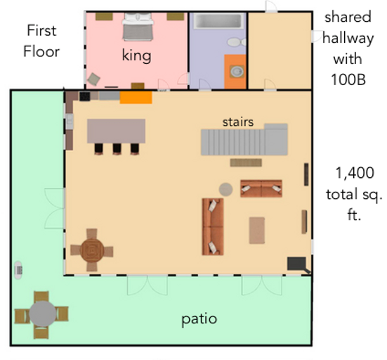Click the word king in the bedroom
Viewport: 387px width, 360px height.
136,56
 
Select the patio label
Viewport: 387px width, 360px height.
199,319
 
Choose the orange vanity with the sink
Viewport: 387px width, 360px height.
235,71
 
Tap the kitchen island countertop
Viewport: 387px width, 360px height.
116,131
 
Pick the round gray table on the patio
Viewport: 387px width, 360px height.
42,312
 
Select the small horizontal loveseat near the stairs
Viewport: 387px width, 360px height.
261,188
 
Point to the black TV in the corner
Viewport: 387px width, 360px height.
296,264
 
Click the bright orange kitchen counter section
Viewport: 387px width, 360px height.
136,97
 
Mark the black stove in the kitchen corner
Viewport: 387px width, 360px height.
84,96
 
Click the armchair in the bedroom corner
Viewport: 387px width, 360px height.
93,78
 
